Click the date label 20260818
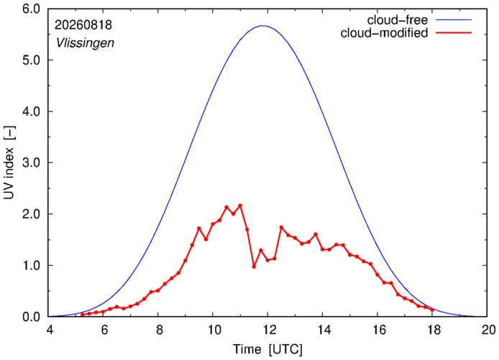pyautogui.click(x=83, y=25)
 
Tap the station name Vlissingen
pyautogui.click(x=85, y=43)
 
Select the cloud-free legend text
pyautogui.click(x=398, y=20)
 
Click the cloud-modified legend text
pyautogui.click(x=384, y=33)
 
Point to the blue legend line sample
pyautogui.click(x=454, y=20)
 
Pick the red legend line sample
pyautogui.click(x=454, y=33)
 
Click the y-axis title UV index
pyautogui.click(x=9, y=162)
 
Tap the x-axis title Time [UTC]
pyautogui.click(x=268, y=349)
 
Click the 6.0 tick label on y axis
pyautogui.click(x=31, y=9)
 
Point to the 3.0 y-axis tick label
pyautogui.click(x=31, y=163)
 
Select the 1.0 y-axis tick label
pyautogui.click(x=31, y=266)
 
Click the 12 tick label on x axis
pyautogui.click(x=268, y=330)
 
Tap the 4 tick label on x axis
pyautogui.click(x=50, y=330)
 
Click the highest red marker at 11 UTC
pyautogui.click(x=240, y=206)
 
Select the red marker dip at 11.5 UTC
pyautogui.click(x=254, y=267)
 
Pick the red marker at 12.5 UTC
pyautogui.click(x=281, y=227)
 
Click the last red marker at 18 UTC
pyautogui.click(x=432, y=310)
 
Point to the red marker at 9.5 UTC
pyautogui.click(x=199, y=229)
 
